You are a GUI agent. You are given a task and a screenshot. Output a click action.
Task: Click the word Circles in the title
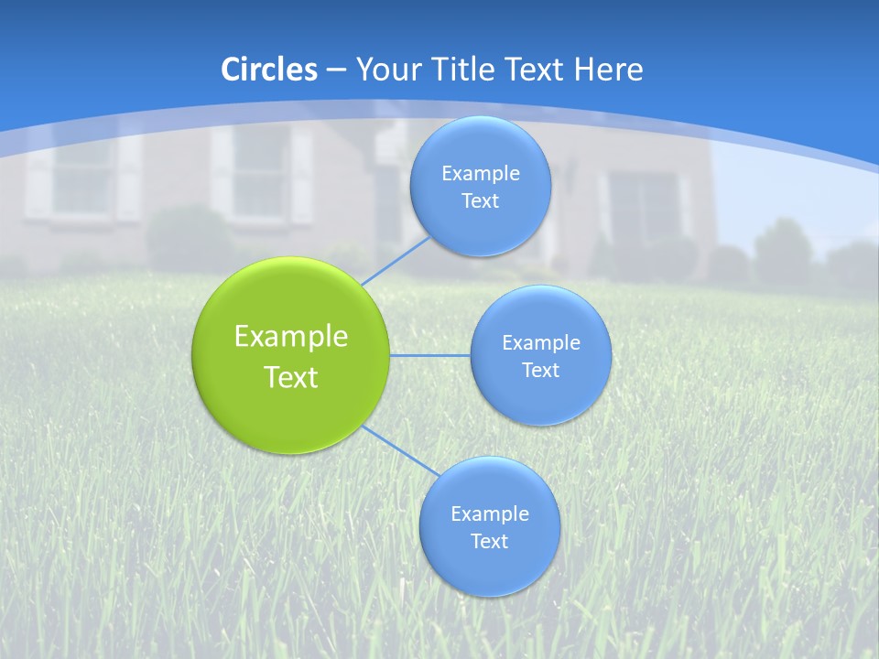[269, 70]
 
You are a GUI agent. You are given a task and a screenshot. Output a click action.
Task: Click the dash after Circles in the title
[336, 70]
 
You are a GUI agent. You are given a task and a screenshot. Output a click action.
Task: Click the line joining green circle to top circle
[396, 261]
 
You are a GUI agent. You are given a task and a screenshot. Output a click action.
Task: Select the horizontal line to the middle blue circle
[429, 355]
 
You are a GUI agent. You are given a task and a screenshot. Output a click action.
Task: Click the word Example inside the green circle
[291, 337]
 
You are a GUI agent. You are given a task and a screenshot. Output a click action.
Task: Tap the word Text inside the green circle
[291, 377]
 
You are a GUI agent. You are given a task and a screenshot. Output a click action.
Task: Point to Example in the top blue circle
[480, 173]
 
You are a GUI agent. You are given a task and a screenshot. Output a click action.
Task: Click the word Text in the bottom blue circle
[489, 541]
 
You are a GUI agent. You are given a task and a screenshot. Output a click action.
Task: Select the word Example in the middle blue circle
[540, 342]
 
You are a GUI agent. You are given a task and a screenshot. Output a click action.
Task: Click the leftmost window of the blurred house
[81, 178]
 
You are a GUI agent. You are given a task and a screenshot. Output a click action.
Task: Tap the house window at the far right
[646, 206]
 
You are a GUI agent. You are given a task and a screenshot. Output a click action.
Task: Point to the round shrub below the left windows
[188, 236]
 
